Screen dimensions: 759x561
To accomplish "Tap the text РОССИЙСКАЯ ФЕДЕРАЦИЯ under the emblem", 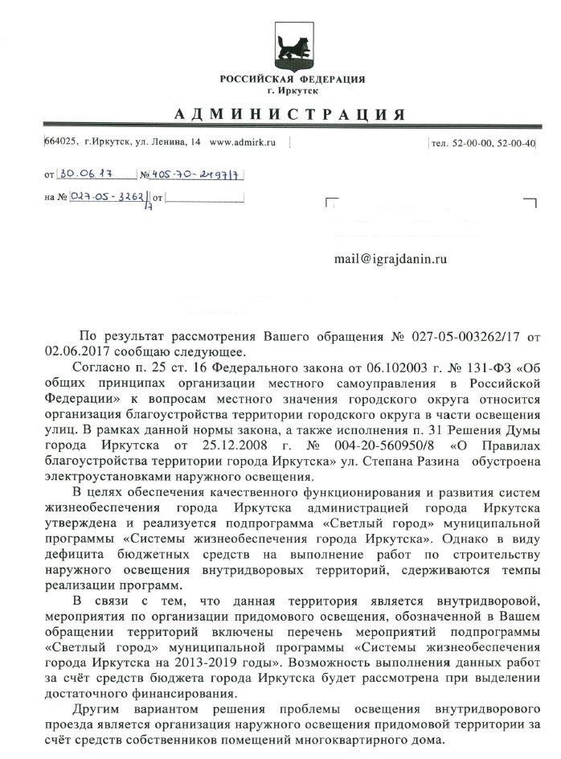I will click(x=293, y=80).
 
